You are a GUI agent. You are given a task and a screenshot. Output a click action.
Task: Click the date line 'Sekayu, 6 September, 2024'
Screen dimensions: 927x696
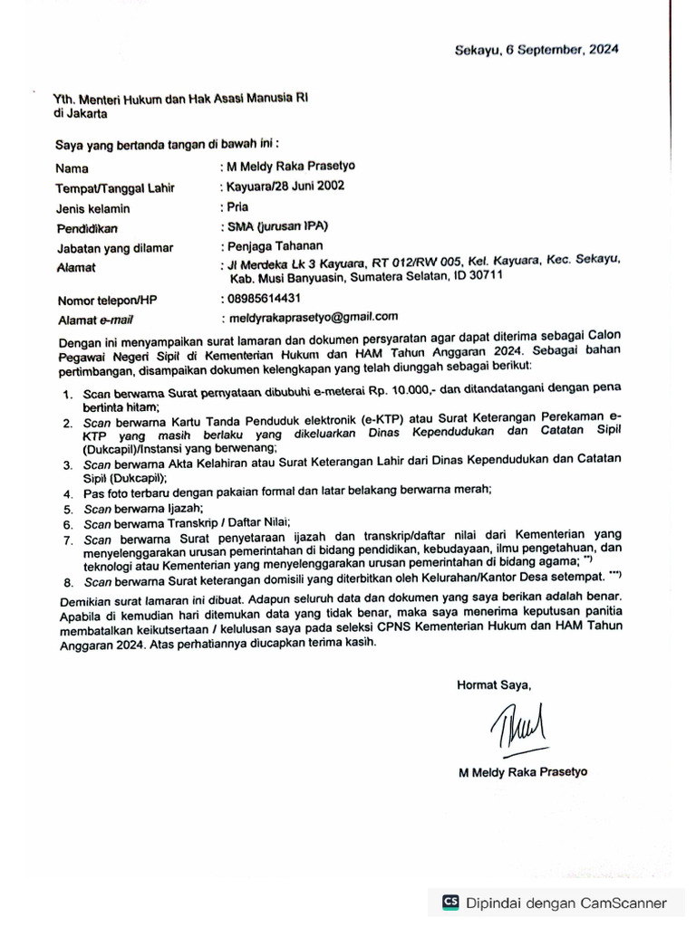coord(536,52)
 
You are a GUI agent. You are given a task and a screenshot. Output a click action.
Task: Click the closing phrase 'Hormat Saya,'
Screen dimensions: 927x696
coord(493,684)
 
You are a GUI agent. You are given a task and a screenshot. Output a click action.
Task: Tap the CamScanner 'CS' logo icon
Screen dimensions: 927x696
coord(449,902)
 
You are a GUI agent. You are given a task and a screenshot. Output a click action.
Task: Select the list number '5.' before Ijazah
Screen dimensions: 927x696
coord(68,510)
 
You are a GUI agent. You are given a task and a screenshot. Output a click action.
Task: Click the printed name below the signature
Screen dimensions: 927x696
coord(523,772)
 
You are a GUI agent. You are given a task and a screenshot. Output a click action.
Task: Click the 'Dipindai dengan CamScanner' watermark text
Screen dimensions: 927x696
coord(565,903)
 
